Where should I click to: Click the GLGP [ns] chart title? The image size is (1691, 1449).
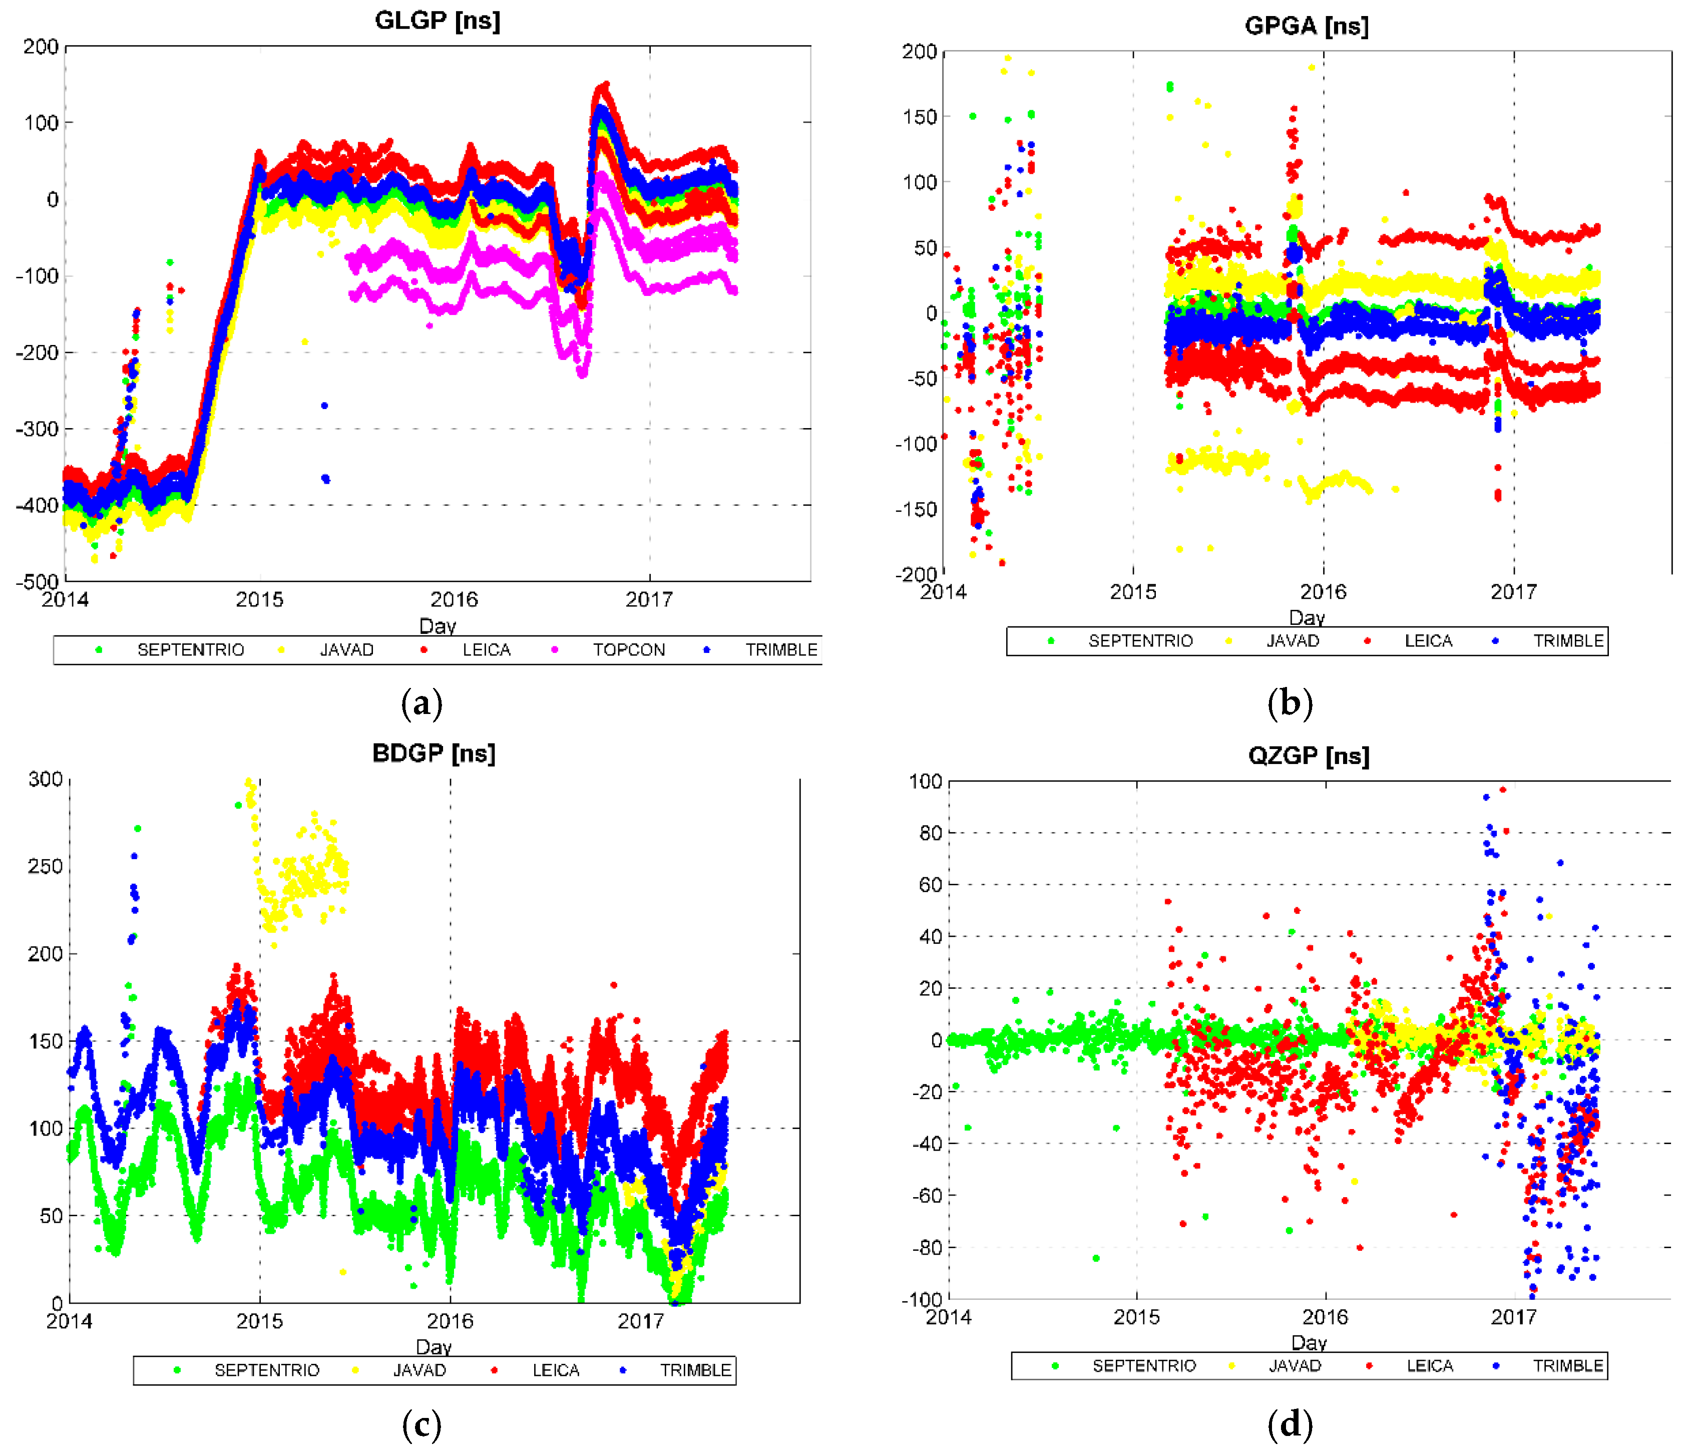click(x=438, y=21)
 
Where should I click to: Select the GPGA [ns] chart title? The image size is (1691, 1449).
click(x=1307, y=26)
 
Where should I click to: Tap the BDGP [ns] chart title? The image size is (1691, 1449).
click(x=434, y=753)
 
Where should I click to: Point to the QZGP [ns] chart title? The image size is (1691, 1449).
click(x=1308, y=756)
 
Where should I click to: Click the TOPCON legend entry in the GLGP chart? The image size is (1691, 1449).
click(x=628, y=650)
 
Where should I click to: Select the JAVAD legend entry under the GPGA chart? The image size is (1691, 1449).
click(x=1292, y=641)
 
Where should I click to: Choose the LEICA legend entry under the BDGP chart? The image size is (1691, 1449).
click(x=556, y=1370)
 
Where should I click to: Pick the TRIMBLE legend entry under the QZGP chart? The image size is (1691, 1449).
click(x=1567, y=1366)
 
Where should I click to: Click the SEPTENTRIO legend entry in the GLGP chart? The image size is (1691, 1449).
click(x=190, y=650)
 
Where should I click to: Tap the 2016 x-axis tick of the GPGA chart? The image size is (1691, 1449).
click(x=1323, y=592)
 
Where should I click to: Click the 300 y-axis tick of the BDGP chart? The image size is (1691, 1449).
click(x=45, y=779)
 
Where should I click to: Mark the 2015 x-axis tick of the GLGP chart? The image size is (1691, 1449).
click(x=259, y=600)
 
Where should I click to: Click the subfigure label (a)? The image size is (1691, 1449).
click(x=422, y=703)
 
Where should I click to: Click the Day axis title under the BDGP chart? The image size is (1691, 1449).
click(x=434, y=1347)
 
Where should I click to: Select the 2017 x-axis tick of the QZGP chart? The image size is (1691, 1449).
click(x=1513, y=1317)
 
